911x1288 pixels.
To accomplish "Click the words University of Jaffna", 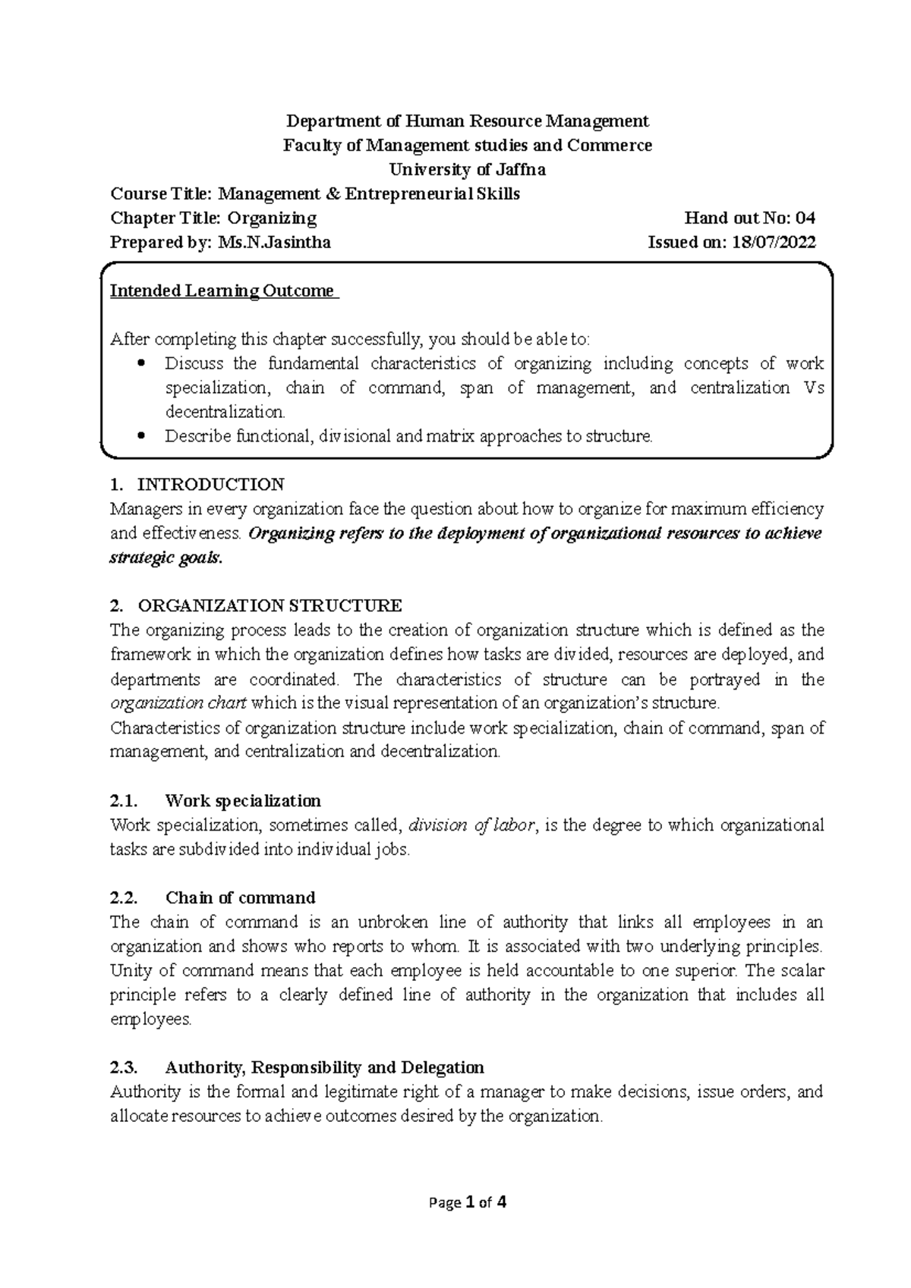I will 467,169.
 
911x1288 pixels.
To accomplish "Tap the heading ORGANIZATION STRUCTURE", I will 270,605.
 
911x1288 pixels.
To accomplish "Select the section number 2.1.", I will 123,801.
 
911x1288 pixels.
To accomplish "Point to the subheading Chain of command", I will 240,898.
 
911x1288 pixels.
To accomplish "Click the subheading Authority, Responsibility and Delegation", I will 324,1068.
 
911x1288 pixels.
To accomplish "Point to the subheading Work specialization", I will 243,801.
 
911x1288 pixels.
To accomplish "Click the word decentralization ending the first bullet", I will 225,413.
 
